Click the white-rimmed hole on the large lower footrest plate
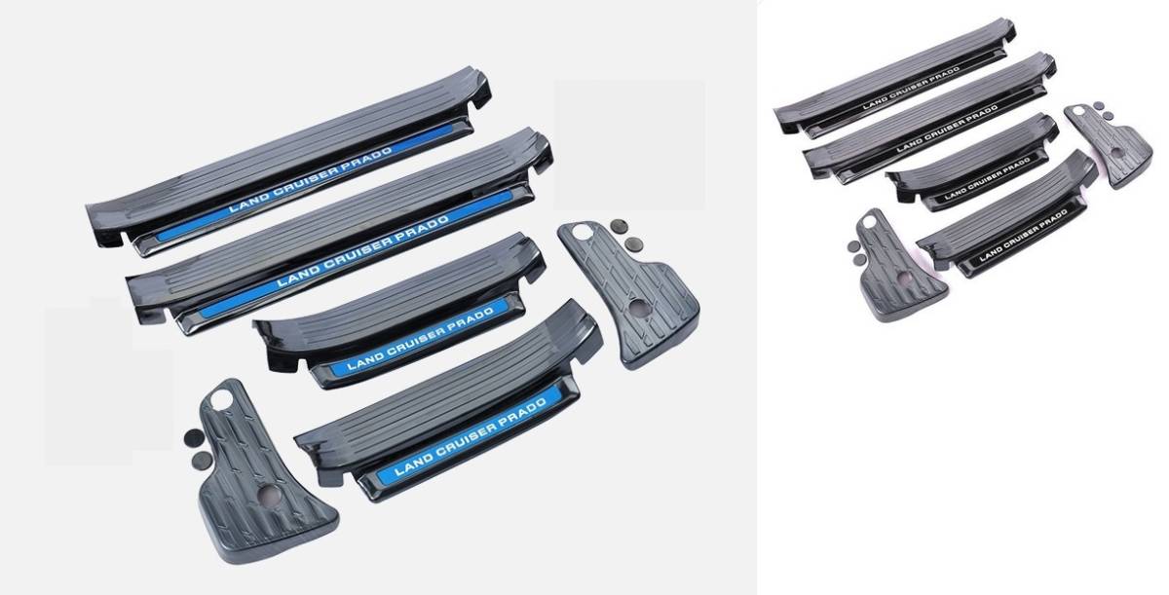point(221,398)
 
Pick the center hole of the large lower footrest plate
point(271,495)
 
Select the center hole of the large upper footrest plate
point(639,308)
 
